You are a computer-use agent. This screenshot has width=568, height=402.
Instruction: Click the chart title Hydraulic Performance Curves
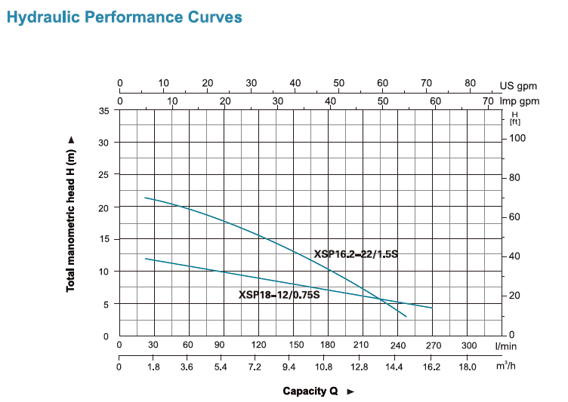point(125,17)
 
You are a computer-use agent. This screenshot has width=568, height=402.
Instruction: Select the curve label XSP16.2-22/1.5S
point(355,254)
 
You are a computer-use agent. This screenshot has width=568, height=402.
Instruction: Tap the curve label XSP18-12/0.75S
point(279,295)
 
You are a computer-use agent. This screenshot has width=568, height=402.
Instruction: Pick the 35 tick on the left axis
point(104,111)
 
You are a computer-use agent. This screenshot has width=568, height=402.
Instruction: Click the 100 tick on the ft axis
point(517,139)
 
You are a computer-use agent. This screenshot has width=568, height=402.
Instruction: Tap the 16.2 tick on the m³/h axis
point(431,367)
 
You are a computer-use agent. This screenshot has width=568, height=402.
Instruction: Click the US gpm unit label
point(517,84)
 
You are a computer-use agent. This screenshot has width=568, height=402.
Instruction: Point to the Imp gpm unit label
point(520,100)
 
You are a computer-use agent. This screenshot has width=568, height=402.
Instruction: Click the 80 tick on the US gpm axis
point(470,84)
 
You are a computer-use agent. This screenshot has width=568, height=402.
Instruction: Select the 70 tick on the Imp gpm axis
point(487,100)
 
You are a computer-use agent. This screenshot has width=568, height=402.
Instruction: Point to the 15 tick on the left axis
point(104,239)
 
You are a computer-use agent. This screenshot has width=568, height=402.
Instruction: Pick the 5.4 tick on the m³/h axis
point(221,367)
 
